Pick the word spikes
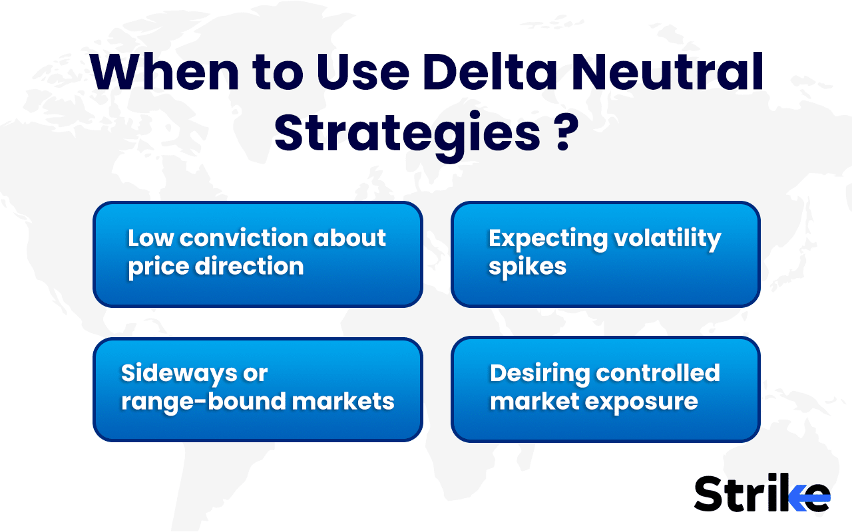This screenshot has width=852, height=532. pyautogui.click(x=527, y=267)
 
